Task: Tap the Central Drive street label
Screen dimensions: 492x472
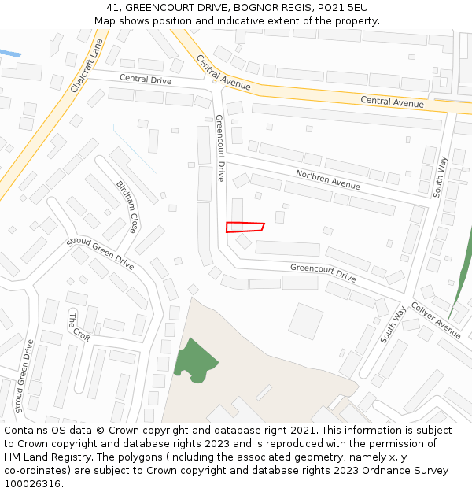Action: pyautogui.click(x=145, y=79)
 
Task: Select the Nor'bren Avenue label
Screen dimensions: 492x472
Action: pyautogui.click(x=327, y=179)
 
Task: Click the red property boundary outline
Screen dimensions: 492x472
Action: pyautogui.click(x=245, y=228)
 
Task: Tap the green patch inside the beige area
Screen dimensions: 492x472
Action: pyautogui.click(x=195, y=361)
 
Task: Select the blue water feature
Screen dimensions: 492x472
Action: pyautogui.click(x=10, y=53)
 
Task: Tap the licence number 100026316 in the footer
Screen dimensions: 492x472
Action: pyautogui.click(x=33, y=484)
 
